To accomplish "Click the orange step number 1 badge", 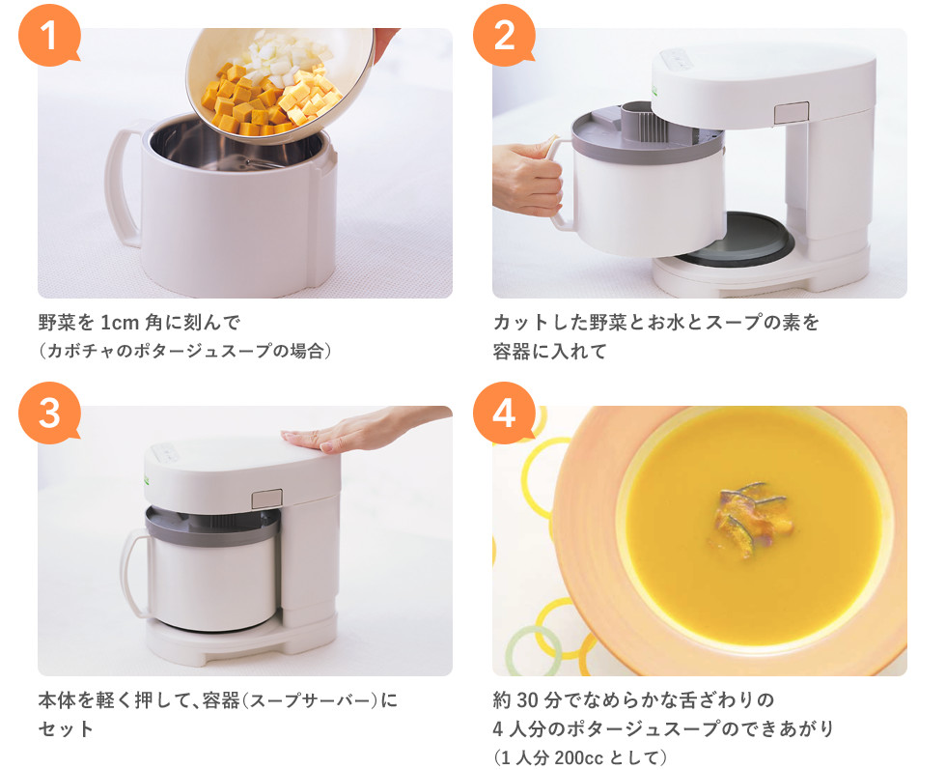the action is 49,35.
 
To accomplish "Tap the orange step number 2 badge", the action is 504,35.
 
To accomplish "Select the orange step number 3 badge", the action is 49,414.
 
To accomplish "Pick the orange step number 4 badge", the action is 504,414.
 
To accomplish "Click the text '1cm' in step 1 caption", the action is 119,323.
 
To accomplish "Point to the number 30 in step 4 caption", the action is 526,700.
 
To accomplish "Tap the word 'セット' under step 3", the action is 66,728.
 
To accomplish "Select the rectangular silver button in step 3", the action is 267,499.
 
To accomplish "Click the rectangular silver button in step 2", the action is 792,113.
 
